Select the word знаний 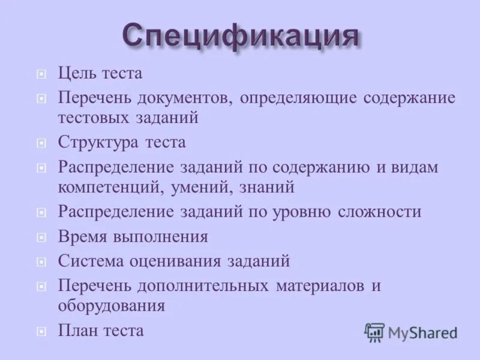tap(266, 187)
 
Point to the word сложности tap(379, 212)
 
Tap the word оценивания tap(178, 262)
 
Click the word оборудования tap(111, 305)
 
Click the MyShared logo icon tap(374, 332)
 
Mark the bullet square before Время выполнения tap(41, 238)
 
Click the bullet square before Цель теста tap(41, 75)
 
